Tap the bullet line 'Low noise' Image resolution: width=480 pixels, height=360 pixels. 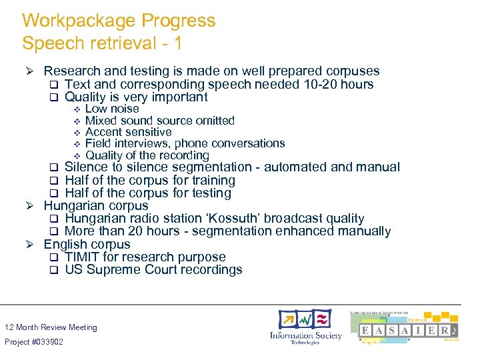(112, 109)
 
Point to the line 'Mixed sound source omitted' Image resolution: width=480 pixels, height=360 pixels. (160, 121)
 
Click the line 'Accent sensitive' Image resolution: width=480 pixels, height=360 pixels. (129, 132)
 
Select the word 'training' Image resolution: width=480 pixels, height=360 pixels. (210, 181)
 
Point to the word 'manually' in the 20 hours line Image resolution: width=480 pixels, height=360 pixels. (363, 231)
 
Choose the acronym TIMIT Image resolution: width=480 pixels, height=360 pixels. (83, 257)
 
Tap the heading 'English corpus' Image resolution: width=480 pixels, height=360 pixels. (87, 245)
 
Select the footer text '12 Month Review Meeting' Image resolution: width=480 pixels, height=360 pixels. (51, 327)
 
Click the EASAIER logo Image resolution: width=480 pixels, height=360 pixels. (407, 329)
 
